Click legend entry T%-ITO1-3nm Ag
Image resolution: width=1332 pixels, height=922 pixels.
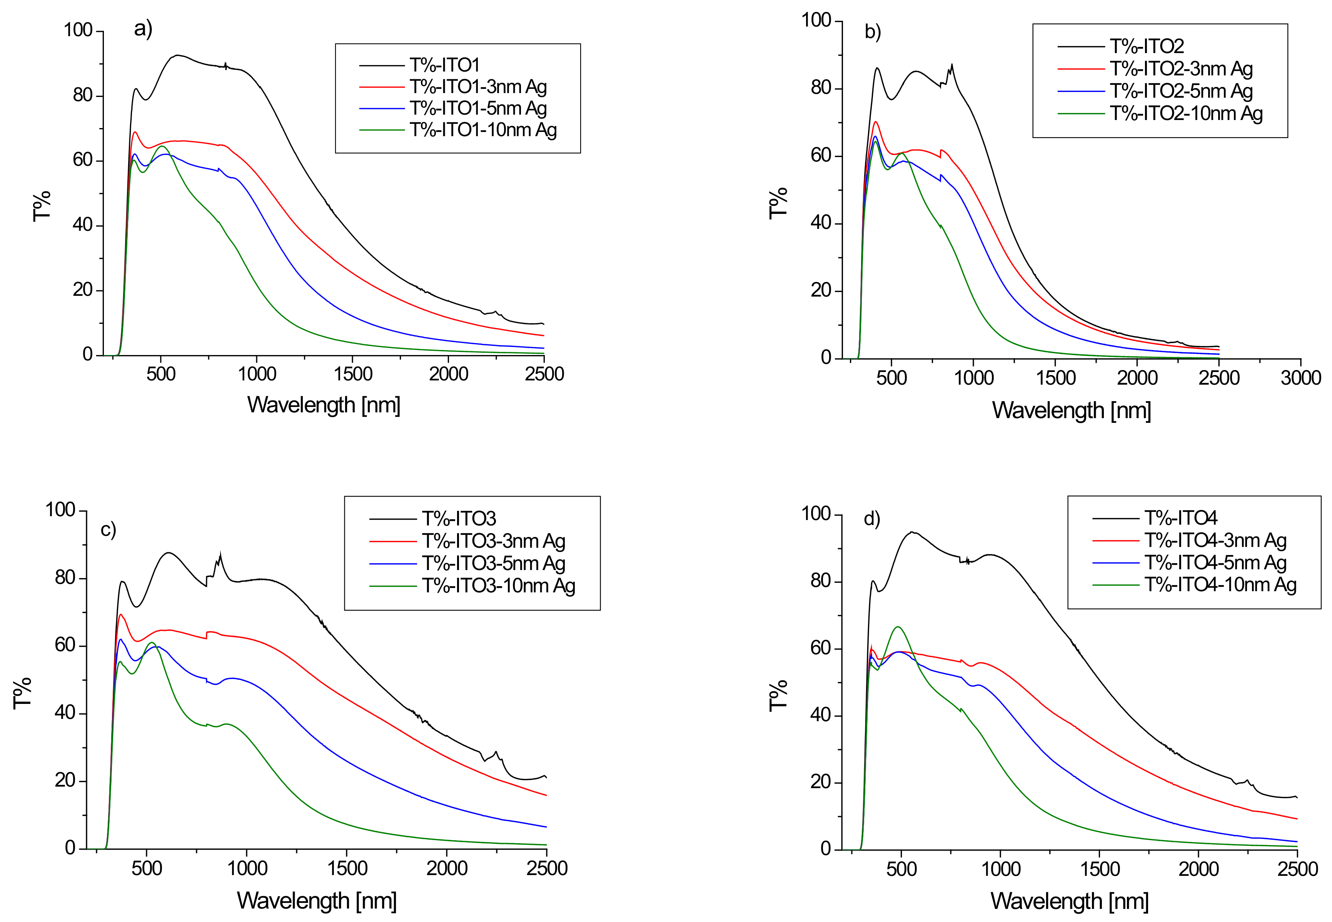point(478,87)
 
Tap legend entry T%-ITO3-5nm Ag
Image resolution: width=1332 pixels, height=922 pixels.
point(493,563)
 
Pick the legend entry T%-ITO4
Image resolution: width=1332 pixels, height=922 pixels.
point(1180,518)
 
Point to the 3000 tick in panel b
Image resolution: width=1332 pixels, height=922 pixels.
point(1300,378)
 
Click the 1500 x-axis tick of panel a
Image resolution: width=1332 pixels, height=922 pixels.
point(352,374)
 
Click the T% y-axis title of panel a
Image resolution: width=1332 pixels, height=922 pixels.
point(42,206)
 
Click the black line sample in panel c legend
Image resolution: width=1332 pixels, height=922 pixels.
point(392,519)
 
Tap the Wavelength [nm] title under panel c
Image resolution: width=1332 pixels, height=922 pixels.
point(317,900)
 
